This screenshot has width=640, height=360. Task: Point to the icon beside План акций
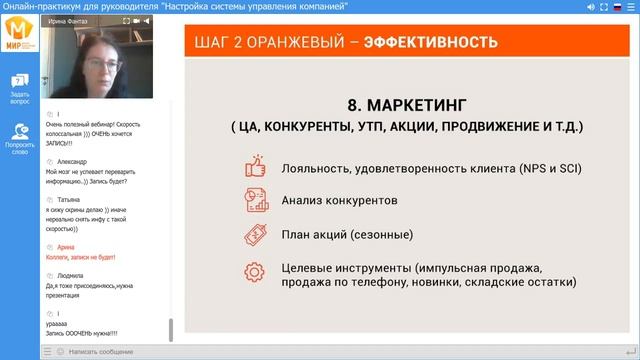(255, 235)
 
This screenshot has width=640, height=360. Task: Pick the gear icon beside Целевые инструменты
(255, 270)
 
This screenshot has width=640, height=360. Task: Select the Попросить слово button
(20, 138)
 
